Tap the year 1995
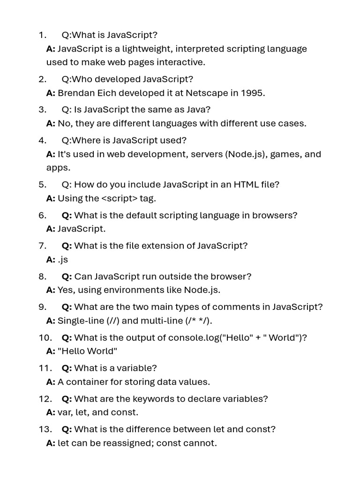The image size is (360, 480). click(253, 93)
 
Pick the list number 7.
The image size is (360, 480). click(42, 246)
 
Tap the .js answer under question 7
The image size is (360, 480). click(63, 259)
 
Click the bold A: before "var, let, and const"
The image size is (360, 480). click(51, 412)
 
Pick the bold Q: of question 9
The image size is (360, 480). click(67, 307)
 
